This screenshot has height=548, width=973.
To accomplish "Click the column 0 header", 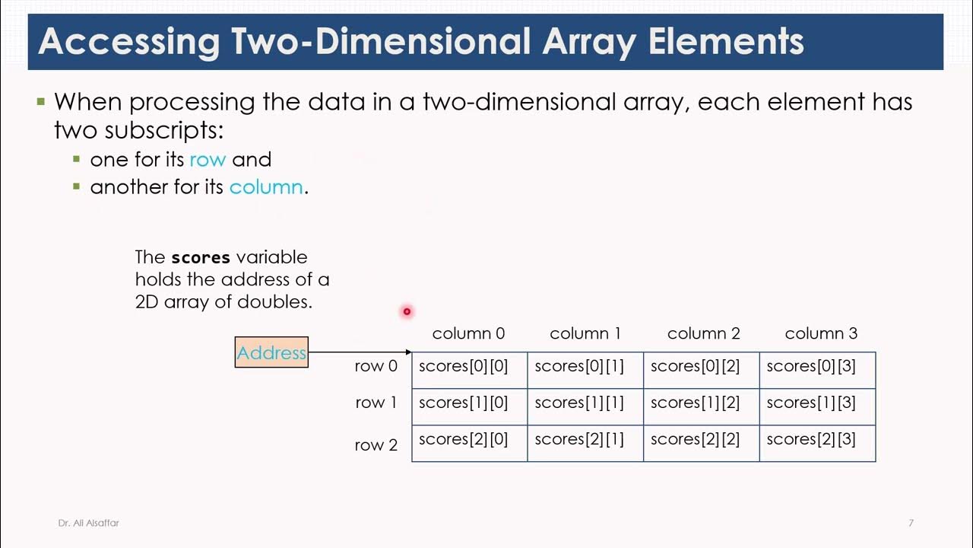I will (468, 333).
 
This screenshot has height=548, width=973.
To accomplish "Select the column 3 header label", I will (821, 333).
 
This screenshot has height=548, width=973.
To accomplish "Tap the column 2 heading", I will (703, 333).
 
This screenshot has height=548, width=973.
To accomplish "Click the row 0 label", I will (376, 366).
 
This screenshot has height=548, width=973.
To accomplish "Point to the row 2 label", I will (376, 445).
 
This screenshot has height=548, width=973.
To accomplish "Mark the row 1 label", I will (376, 403).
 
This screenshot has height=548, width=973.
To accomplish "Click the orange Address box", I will (271, 352).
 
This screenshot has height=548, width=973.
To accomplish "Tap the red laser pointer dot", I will (407, 311).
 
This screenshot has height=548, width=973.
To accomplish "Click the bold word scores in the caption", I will (201, 257).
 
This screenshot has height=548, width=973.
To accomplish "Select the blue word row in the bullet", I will (207, 160).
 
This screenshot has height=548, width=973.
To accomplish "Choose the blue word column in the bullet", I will (265, 187).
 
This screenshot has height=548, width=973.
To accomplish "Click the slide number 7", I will (911, 523).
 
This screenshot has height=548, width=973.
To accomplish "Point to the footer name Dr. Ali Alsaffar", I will (88, 523).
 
